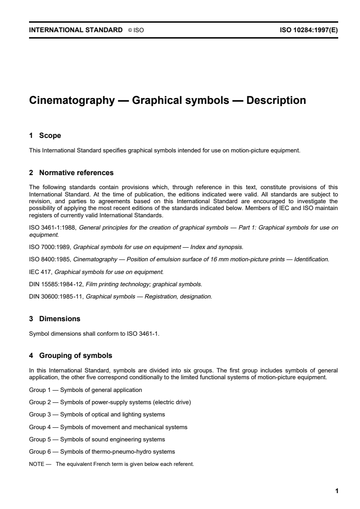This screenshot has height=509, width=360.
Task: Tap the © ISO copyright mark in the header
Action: point(136,30)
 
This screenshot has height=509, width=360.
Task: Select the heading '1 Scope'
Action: point(45,136)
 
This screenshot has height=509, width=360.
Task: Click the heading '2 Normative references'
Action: point(71,173)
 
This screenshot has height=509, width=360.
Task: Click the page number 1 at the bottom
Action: point(336,491)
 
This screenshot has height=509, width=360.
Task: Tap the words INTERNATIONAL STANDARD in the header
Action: point(75,30)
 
